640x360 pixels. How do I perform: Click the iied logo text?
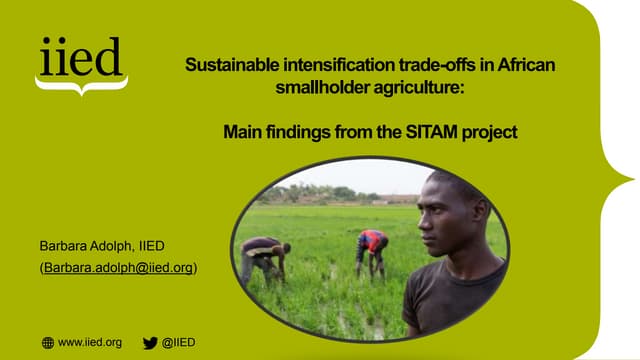point(80,58)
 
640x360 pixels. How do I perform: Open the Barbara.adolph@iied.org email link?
point(118,268)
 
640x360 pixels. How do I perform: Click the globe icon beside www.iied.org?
point(47,342)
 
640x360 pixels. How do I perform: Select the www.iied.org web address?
point(90,342)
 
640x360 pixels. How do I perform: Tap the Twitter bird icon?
point(150,342)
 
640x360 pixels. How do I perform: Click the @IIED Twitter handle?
point(178,342)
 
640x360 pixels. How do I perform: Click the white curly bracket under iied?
point(80,87)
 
